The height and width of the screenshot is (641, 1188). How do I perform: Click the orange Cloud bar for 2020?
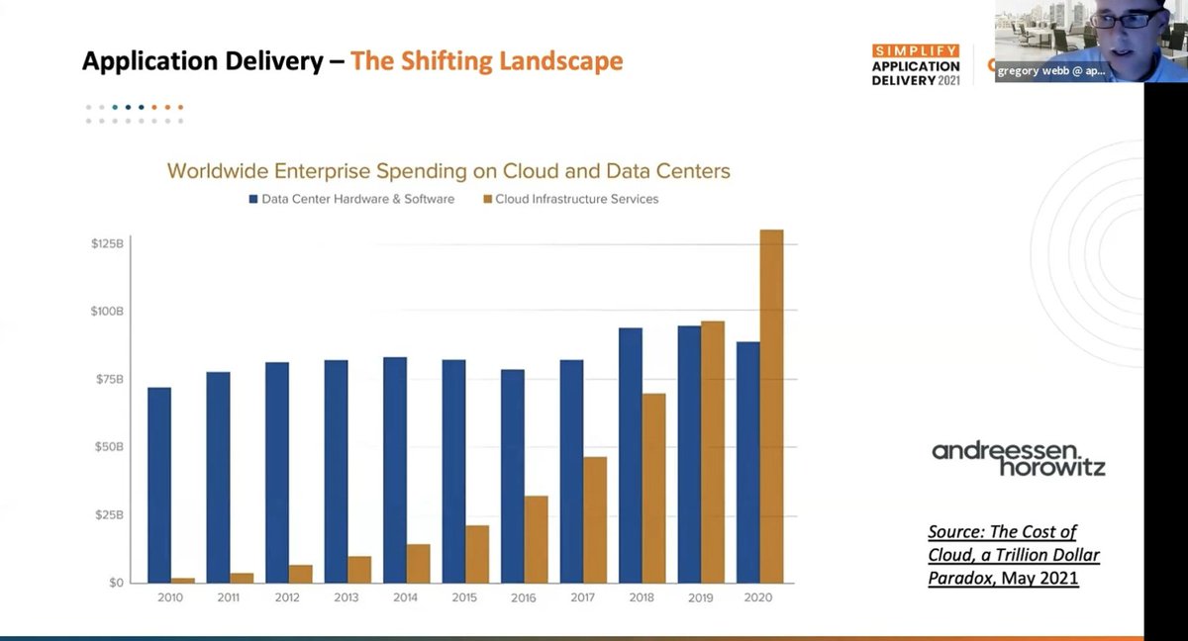771,406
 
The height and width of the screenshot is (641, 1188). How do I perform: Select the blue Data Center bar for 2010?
159,485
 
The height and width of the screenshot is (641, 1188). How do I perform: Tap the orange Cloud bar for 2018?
653,488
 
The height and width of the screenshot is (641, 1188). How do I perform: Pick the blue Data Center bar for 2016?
513,476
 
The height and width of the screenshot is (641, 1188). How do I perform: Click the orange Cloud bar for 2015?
477,554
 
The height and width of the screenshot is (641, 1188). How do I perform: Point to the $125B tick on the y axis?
107,242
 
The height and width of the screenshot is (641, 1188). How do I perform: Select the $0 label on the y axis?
115,583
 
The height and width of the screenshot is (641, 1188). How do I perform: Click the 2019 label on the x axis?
700,598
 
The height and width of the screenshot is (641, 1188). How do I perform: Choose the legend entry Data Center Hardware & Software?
350,199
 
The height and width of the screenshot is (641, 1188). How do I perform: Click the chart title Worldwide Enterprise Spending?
448,171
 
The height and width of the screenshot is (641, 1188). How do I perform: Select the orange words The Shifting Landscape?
486,61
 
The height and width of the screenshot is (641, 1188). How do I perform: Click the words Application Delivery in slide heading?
202,61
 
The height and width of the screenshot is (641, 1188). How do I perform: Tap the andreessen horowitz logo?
1019,458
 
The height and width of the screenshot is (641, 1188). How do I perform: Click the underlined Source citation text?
1013,555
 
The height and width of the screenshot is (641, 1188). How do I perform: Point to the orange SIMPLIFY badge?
915,50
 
